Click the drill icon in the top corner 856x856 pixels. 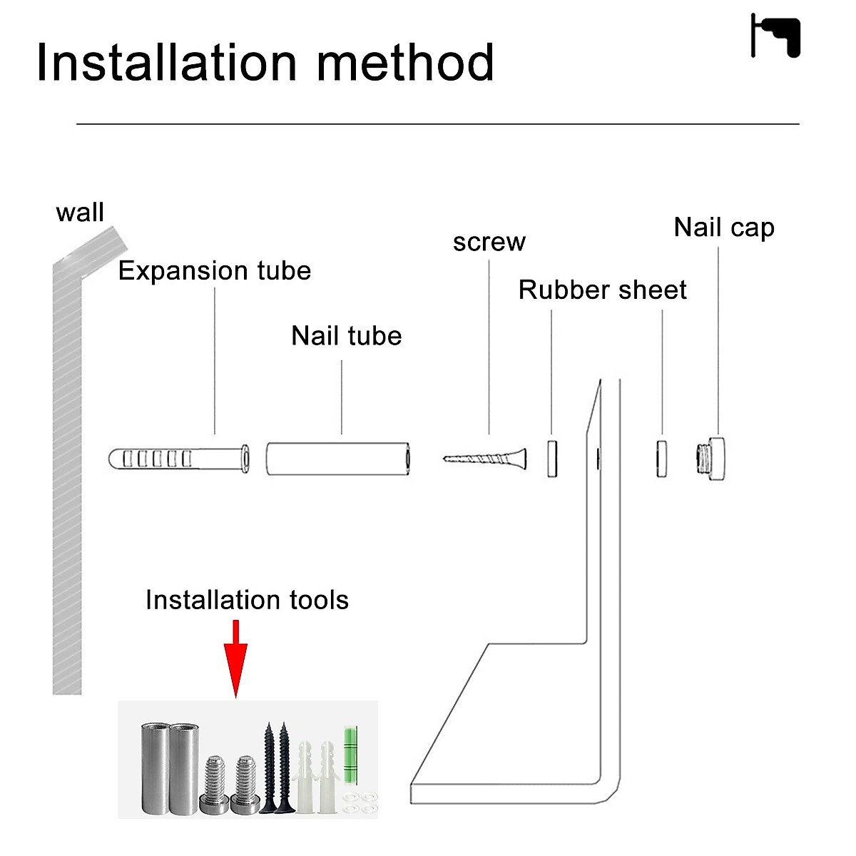(775, 36)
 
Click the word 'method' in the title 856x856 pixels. (405, 63)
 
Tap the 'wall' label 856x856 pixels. (80, 213)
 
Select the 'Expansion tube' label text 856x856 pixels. (215, 271)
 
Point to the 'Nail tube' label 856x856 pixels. (347, 335)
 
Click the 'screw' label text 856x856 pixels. (489, 243)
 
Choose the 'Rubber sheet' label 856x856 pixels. (602, 290)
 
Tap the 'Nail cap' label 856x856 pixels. (724, 228)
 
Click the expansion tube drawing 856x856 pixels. (179, 459)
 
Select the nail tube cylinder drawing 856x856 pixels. (338, 459)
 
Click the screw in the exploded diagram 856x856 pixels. (484, 459)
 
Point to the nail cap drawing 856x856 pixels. (710, 459)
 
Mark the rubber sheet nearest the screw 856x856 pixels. (552, 459)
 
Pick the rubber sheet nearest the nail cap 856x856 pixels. (661, 459)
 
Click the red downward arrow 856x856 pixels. (235, 659)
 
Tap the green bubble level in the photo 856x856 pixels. (350, 755)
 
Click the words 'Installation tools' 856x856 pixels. (247, 600)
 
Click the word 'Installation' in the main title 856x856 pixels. (167, 63)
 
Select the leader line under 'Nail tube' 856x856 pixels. (342, 397)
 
